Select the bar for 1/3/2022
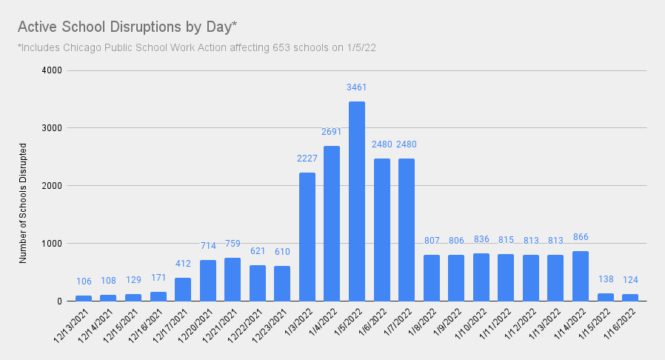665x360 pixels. pyautogui.click(x=307, y=237)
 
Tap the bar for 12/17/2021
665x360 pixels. pyautogui.click(x=183, y=290)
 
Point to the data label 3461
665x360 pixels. pyautogui.click(x=357, y=87)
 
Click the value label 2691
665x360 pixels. pyautogui.click(x=332, y=132)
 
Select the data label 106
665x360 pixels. pyautogui.click(x=84, y=281)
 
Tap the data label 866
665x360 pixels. pyautogui.click(x=581, y=237)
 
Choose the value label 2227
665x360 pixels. pyautogui.click(x=307, y=159)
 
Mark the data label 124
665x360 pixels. pyautogui.click(x=630, y=280)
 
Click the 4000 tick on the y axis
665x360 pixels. pyautogui.click(x=51, y=70)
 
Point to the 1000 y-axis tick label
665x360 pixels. pyautogui.click(x=51, y=244)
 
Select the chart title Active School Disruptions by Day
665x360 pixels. pyautogui.click(x=127, y=27)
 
